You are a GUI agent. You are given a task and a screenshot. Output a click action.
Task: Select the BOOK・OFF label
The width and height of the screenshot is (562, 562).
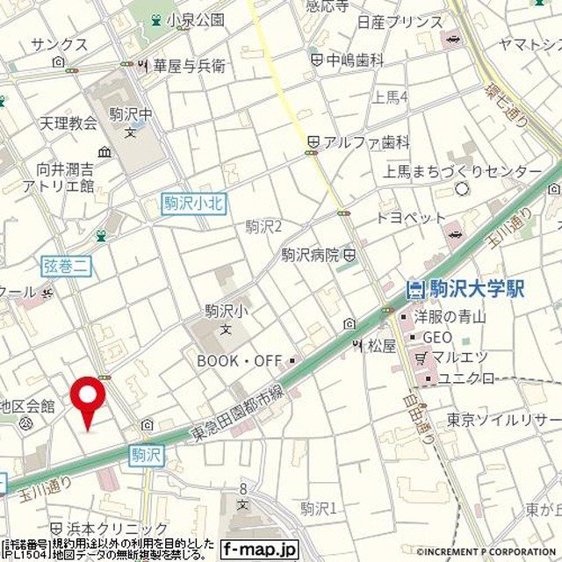[240, 360]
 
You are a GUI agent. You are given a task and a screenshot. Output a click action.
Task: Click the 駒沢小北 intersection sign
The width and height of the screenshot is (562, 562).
[193, 204]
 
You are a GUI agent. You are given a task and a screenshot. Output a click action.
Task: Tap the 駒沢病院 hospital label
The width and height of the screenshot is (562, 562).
[310, 255]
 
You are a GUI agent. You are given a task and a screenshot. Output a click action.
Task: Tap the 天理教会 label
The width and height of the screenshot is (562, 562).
[68, 124]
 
